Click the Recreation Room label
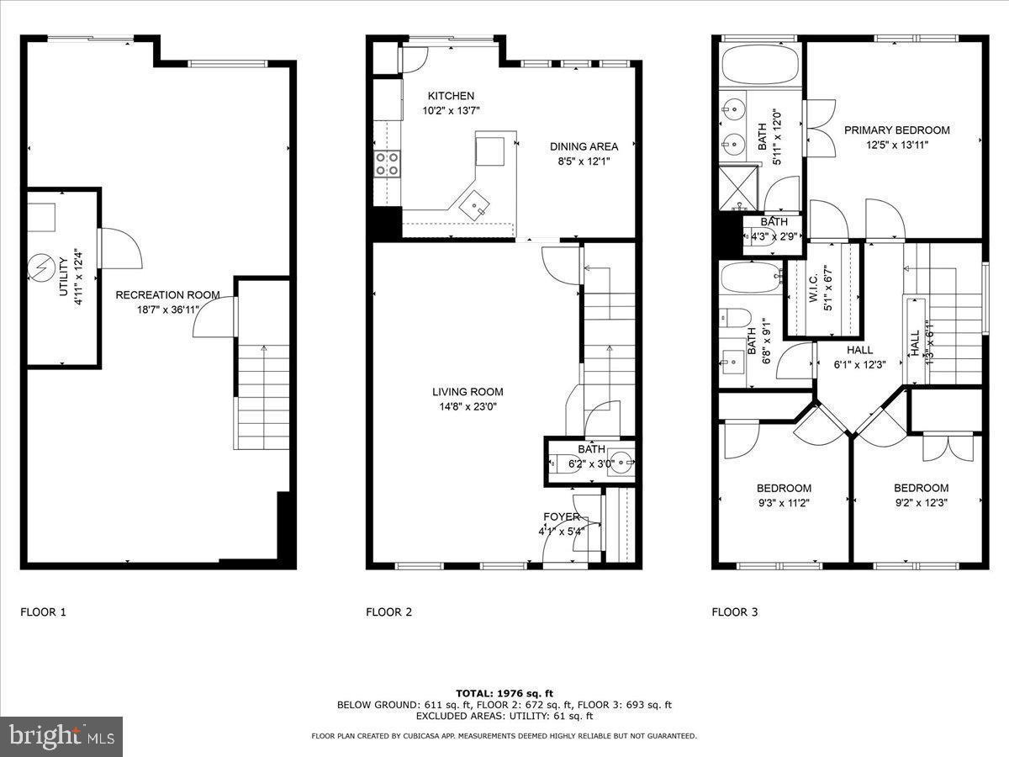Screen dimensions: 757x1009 pyautogui.click(x=167, y=295)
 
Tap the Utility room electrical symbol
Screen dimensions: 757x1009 pyautogui.click(x=40, y=267)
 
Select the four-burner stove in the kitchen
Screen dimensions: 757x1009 pyautogui.click(x=387, y=163)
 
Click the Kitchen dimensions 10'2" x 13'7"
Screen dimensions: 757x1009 pyautogui.click(x=451, y=111)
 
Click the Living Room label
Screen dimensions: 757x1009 pyautogui.click(x=468, y=392)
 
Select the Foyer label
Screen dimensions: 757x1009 pyautogui.click(x=561, y=516)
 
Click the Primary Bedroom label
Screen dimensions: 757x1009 pyautogui.click(x=896, y=130)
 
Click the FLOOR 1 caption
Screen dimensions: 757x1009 pyautogui.click(x=43, y=612)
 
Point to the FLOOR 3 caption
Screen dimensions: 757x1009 pyautogui.click(x=734, y=612)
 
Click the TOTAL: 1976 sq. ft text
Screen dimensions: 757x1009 pyautogui.click(x=504, y=693)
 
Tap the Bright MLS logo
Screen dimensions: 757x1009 pyautogui.click(x=61, y=737)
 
